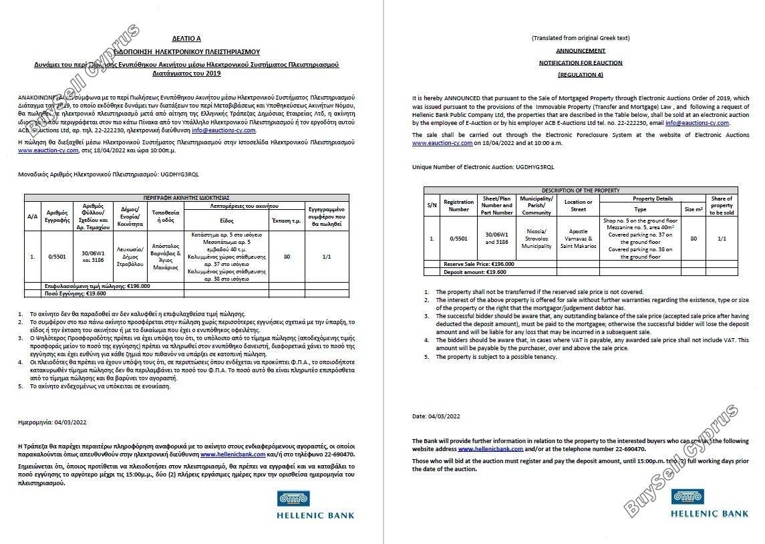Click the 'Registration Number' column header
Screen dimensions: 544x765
point(458,205)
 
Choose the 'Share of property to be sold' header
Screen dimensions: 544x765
point(721,205)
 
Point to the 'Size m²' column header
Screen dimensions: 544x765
point(694,209)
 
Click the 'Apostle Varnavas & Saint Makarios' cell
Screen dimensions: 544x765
point(578,239)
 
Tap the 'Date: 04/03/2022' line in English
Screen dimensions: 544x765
point(436,416)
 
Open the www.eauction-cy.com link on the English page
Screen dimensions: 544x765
point(442,143)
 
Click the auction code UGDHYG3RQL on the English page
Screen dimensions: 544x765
point(528,166)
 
